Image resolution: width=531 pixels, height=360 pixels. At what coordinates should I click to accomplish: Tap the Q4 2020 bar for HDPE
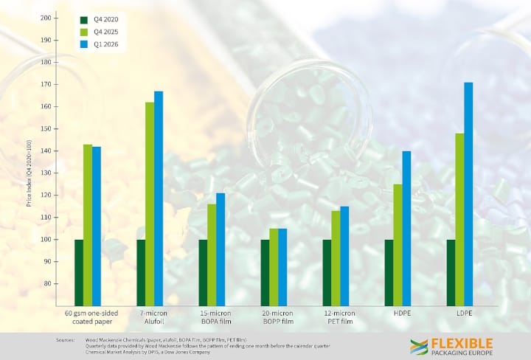(x=389, y=272)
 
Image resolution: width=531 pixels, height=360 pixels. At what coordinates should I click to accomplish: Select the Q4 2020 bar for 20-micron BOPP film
(x=265, y=272)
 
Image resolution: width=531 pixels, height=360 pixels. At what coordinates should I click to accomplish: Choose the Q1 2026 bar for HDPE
(x=406, y=228)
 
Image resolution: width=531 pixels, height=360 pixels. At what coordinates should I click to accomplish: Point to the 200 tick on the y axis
(x=47, y=18)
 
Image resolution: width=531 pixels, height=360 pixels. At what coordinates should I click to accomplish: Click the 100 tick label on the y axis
(x=46, y=240)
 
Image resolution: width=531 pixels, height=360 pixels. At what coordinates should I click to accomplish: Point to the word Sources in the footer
(x=66, y=340)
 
